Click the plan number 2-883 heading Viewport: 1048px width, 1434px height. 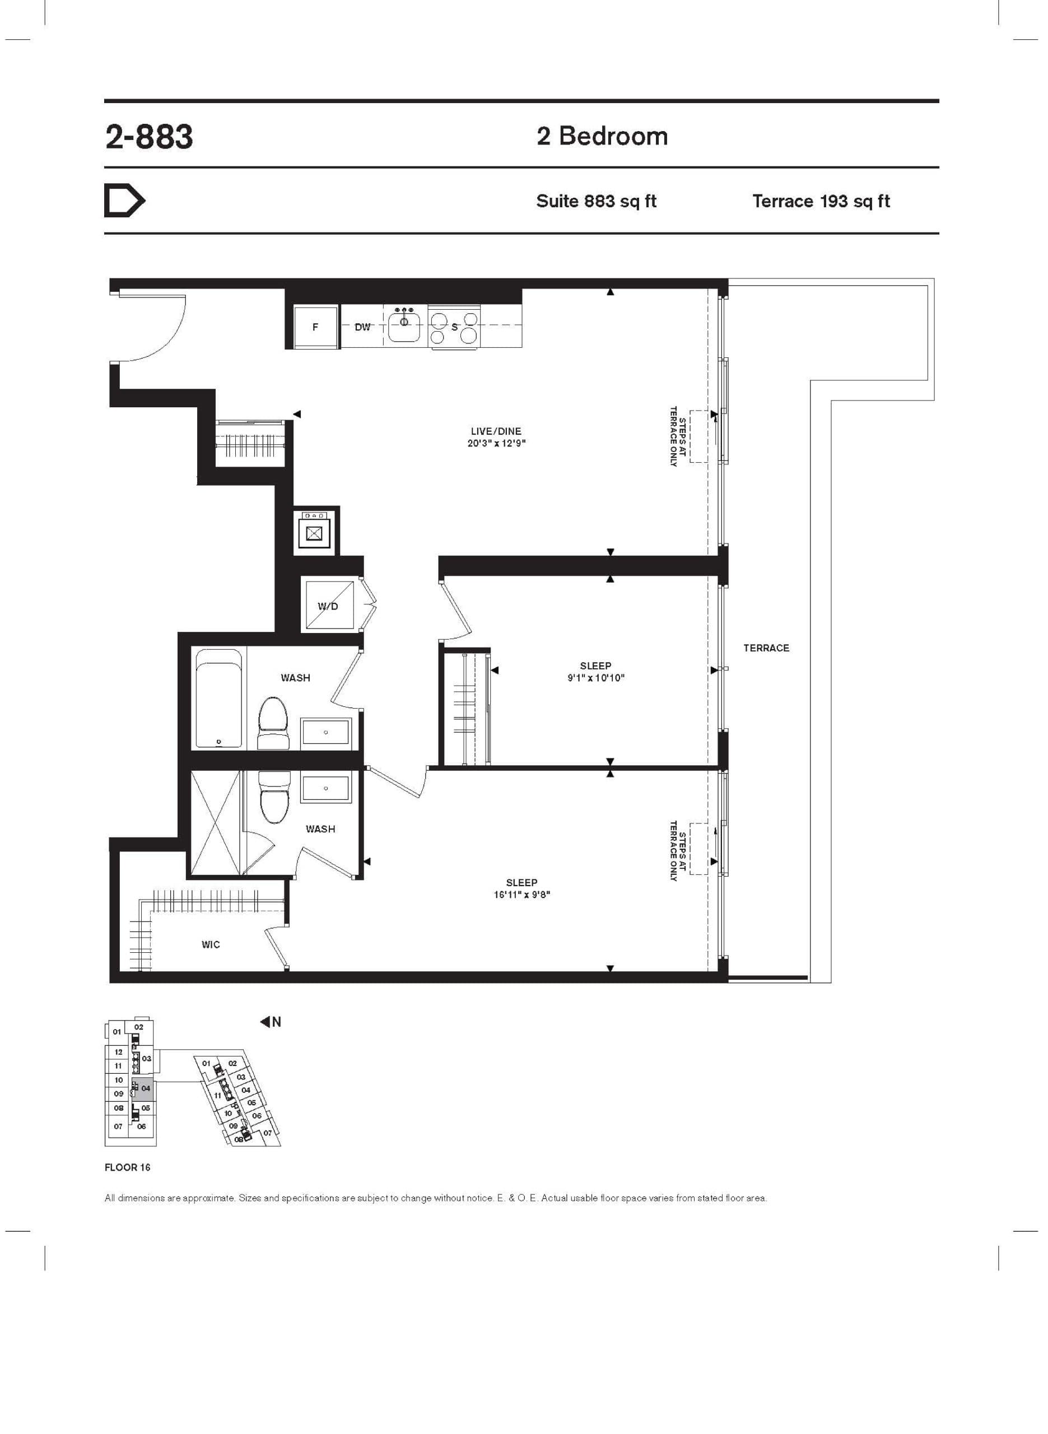[149, 137]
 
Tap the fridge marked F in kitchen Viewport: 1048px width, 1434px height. [315, 327]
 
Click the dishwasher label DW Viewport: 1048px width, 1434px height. [362, 327]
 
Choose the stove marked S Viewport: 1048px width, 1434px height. [454, 327]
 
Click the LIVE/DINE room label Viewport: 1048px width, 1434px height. [496, 431]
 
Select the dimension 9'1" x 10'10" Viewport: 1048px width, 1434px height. [595, 678]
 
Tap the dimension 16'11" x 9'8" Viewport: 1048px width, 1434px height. [521, 895]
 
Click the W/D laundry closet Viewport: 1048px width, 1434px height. [329, 605]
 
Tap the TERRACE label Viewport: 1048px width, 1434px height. [766, 648]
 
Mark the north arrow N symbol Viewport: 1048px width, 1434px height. [271, 1022]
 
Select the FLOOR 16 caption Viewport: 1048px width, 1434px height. [127, 1167]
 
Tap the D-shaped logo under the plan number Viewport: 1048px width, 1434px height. [124, 201]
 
